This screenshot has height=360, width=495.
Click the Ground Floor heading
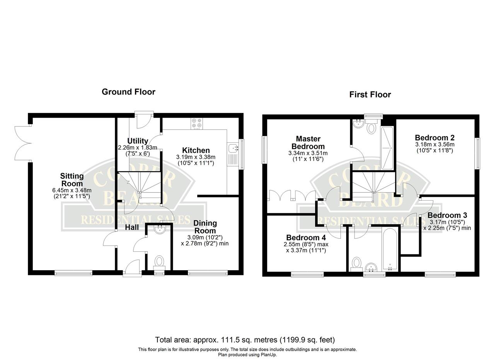pos(128,92)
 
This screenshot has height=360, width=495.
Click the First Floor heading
pos(370,95)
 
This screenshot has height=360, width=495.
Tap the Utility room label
pos(138,141)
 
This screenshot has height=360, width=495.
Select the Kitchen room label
pos(196,150)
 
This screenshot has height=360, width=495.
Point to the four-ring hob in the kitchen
pos(197,123)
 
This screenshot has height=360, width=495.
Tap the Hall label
pos(132,227)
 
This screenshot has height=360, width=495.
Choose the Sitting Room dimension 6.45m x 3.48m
pos(72,190)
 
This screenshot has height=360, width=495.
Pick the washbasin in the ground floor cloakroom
pos(160,230)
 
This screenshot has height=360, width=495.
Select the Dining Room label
pos(205,227)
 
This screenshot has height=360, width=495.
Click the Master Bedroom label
pos(308,143)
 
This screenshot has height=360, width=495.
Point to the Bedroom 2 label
pos(434,138)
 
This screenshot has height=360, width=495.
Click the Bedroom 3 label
pos(447,215)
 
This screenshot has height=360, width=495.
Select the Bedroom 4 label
pos(306,237)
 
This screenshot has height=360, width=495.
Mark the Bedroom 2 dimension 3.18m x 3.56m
pos(435,145)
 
